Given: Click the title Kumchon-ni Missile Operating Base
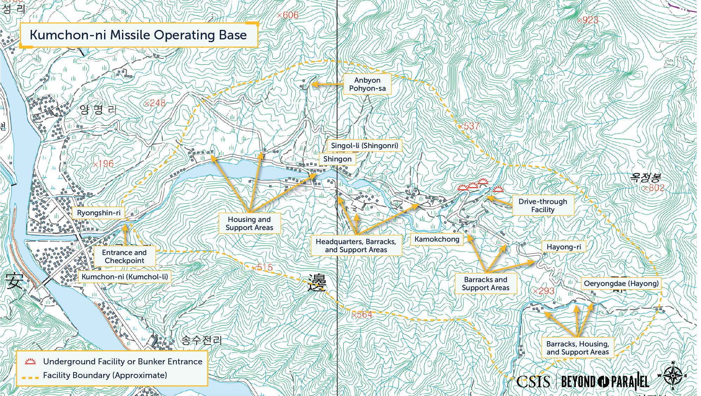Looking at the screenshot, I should (x=138, y=35).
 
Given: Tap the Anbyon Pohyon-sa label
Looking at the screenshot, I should (x=367, y=84).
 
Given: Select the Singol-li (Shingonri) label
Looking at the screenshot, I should (x=365, y=146).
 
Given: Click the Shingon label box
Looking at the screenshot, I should (x=337, y=159).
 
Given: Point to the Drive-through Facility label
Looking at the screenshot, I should (x=542, y=205).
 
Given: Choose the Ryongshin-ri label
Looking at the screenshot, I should (x=98, y=213).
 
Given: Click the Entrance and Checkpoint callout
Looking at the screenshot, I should (x=124, y=256).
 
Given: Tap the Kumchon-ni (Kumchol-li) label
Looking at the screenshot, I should (x=124, y=277).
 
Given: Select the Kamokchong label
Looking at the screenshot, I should (x=437, y=239).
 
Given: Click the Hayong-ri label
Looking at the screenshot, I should (x=564, y=247).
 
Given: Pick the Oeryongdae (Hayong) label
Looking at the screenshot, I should (x=621, y=283).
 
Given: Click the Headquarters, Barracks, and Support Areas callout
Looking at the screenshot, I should (x=356, y=245).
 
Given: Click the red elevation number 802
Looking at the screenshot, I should (x=656, y=188).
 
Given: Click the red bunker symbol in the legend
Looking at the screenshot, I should (x=30, y=362).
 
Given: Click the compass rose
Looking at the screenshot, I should (x=673, y=376).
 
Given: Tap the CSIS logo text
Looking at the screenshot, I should (x=533, y=382).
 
